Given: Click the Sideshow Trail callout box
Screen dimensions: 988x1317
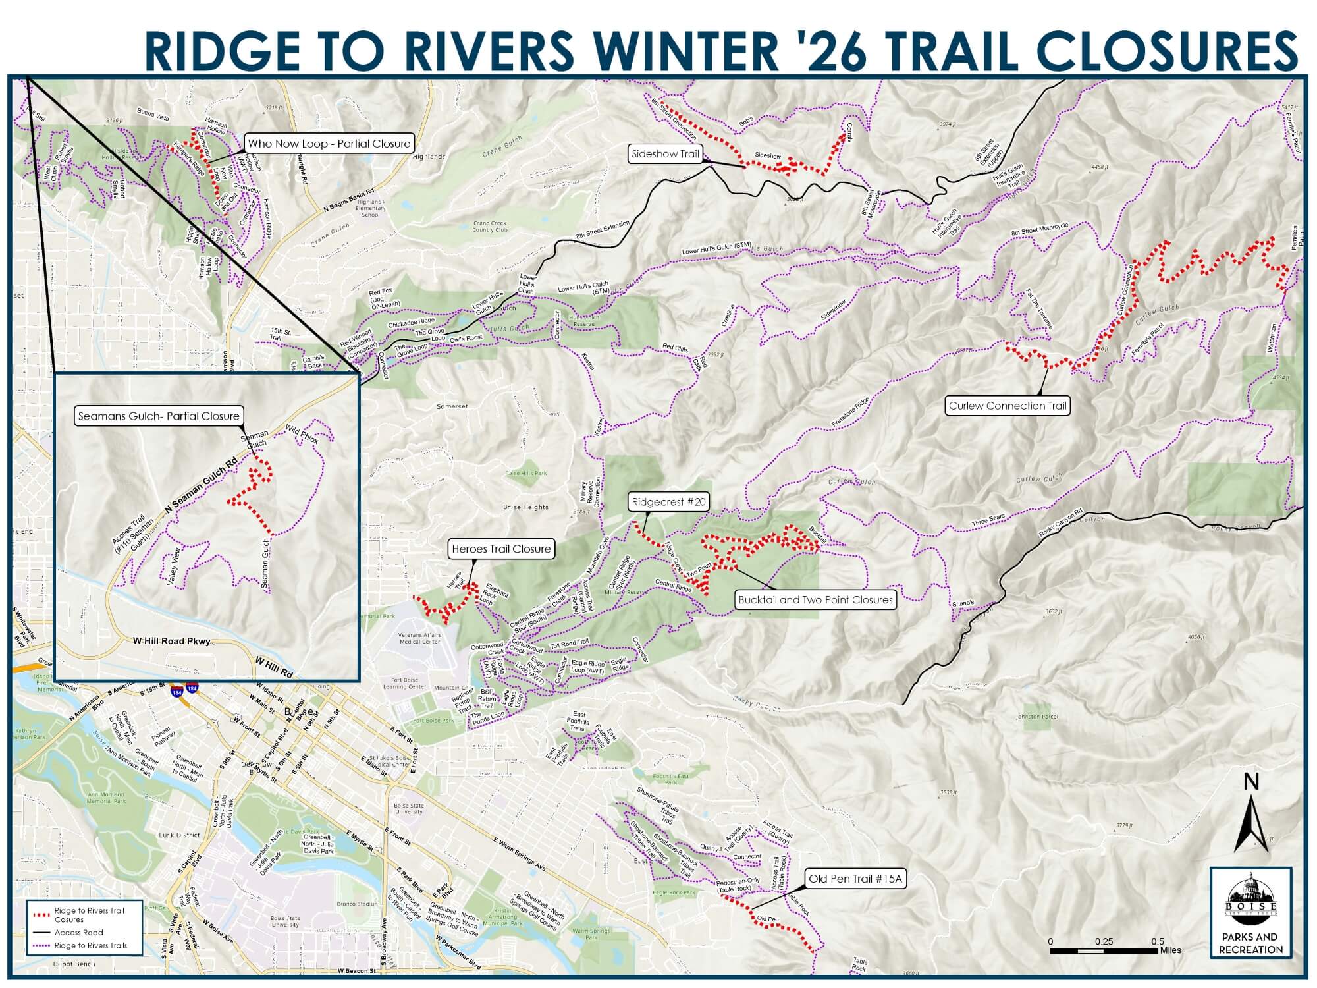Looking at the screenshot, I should pos(665,154).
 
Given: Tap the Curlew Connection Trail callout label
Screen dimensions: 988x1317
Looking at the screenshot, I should pos(1008,406).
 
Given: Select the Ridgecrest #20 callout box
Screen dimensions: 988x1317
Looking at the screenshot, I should pos(668,502).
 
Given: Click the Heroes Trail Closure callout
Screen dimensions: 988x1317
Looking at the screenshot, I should pos(501,549).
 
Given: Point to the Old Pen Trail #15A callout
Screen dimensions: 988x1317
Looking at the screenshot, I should pos(855,879).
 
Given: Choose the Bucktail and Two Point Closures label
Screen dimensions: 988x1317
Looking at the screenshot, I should pos(815,600).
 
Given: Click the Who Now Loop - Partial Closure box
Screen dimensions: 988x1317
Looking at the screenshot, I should pos(329,144).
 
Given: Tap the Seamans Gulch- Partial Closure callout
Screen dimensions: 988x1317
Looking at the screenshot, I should pos(159,416).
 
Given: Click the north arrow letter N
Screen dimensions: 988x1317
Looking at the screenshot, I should pos(1252,782).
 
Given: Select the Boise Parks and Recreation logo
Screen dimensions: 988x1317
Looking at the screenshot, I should pos(1250,912).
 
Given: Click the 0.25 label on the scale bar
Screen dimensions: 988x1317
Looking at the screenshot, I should pos(1104,941).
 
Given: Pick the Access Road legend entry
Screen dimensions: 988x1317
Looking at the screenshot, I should pos(79,932).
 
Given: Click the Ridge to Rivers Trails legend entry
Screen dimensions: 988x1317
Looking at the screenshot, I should pos(90,945).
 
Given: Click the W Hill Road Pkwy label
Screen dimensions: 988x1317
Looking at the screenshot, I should pos(171,641).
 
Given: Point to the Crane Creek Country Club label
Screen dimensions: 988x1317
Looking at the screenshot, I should pos(490,226).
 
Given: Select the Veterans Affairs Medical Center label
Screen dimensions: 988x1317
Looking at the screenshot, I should pos(420,638).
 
